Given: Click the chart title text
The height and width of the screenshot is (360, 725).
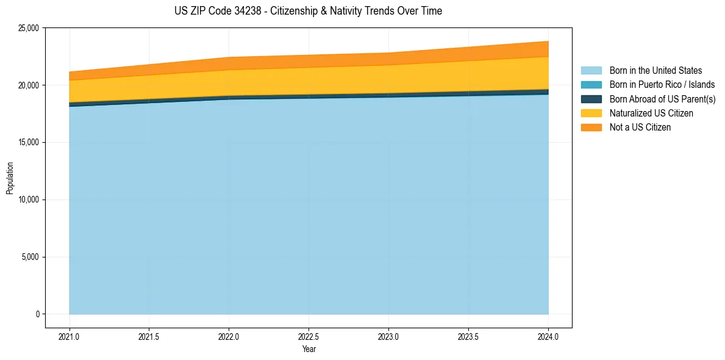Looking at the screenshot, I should [308, 11].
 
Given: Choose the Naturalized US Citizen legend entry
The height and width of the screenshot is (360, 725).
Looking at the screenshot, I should [651, 113].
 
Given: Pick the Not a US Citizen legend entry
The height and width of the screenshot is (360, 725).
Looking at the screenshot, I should [640, 128].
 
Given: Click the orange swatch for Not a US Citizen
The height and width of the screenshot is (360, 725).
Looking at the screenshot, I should [591, 128].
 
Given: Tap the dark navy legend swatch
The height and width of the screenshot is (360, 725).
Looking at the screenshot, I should [591, 99].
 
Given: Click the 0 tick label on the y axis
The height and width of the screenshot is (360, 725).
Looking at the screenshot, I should [37, 314].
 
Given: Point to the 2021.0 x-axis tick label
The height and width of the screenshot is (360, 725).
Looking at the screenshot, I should [70, 336].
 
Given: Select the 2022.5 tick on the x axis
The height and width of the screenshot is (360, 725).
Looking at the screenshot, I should [309, 336].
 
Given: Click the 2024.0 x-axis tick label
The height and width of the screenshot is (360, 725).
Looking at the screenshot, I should [548, 336].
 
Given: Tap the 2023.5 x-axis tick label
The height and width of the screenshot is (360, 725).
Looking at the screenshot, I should [468, 336].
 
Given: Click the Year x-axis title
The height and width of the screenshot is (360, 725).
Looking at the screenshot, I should [309, 349].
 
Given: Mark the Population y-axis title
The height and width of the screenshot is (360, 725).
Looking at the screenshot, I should [10, 178].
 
